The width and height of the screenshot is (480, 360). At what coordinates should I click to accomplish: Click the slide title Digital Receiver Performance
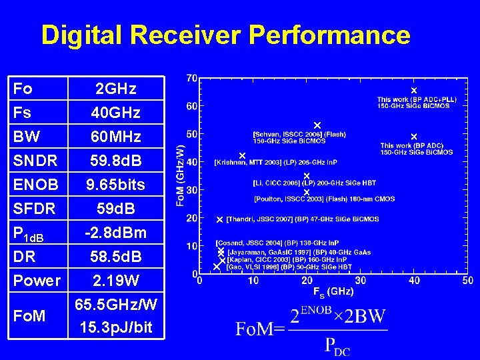tap(225, 35)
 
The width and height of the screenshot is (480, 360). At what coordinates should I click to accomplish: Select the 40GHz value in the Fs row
tap(117, 113)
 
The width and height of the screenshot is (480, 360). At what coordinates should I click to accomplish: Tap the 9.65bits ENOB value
tap(117, 184)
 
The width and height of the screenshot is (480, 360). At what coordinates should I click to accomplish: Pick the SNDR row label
tap(35, 161)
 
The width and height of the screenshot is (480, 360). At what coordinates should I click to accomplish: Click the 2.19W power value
tap(117, 280)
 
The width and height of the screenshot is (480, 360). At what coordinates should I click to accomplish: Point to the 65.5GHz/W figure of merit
tap(117, 305)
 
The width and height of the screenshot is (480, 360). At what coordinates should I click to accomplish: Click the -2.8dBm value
tap(117, 233)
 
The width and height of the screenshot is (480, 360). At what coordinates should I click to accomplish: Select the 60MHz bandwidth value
tap(117, 137)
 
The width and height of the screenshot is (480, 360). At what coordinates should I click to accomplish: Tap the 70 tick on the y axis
tap(191, 78)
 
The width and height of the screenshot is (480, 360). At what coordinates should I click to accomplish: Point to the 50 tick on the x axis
tap(468, 281)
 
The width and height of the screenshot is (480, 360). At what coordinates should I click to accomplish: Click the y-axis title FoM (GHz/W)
tap(181, 176)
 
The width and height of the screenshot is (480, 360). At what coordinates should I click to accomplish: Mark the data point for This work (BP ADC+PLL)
tap(413, 90)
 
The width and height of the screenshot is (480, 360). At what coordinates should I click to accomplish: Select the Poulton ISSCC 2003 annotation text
tap(324, 199)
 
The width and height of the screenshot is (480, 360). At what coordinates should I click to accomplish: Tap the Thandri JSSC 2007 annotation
tap(303, 219)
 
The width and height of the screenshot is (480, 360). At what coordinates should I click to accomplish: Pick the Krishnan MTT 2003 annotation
tap(275, 162)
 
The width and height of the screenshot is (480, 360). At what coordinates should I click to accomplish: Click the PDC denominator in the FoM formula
tap(337, 345)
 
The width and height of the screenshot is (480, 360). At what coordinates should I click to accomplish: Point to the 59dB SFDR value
tap(117, 209)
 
